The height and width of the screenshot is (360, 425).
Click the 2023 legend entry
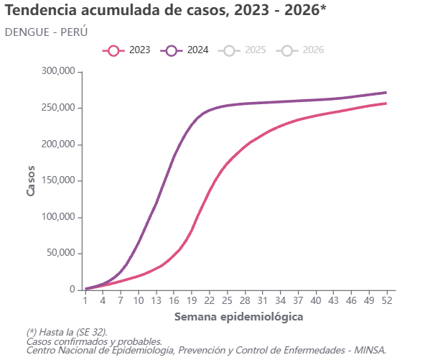(x=126, y=50)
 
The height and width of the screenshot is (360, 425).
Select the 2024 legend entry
(x=185, y=50)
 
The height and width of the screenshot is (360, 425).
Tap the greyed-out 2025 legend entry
(x=242, y=50)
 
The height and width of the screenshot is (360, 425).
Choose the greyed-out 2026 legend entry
(x=300, y=50)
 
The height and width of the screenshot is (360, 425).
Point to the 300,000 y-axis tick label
(x=58, y=71)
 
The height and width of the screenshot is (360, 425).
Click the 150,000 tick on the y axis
(x=58, y=180)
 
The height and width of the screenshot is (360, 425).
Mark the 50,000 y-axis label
(x=61, y=253)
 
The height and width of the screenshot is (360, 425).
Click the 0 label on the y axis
(x=73, y=290)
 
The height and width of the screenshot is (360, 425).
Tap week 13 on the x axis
(x=156, y=300)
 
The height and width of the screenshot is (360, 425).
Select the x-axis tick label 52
(x=387, y=300)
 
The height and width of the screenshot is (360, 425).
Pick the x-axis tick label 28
(x=245, y=300)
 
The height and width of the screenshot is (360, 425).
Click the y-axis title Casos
(x=31, y=180)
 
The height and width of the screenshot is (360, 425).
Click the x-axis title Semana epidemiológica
(x=238, y=317)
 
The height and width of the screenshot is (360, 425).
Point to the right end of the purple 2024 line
(x=386, y=93)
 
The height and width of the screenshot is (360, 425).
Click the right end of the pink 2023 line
(x=386, y=103)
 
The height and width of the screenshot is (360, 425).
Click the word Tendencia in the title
(x=41, y=10)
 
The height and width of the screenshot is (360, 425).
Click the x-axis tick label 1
(x=85, y=300)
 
